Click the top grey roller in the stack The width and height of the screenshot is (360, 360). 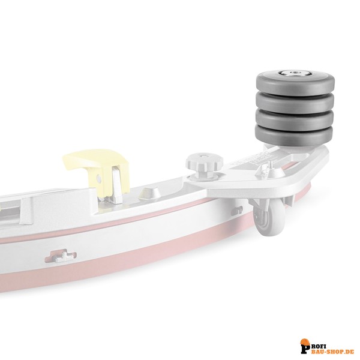pyautogui.click(x=295, y=84)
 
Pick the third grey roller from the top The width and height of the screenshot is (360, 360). pyautogui.click(x=295, y=121)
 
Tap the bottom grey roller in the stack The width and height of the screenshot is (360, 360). pyautogui.click(x=294, y=137)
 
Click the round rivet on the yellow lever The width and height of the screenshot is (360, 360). pyautogui.click(x=99, y=178)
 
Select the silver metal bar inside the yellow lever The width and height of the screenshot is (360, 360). pyautogui.click(x=116, y=184)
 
